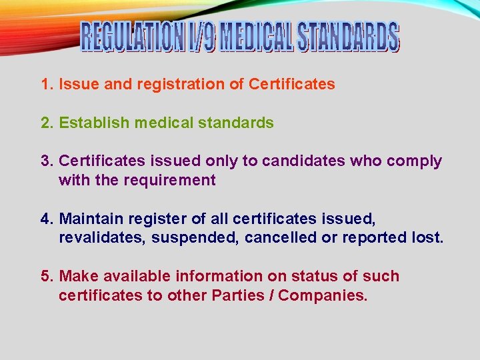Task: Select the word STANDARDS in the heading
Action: pos(349,37)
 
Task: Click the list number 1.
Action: pos(46,85)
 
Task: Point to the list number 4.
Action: pos(46,219)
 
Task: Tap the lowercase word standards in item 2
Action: pos(238,123)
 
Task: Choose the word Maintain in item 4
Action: pos(91,219)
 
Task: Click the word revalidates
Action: pos(101,237)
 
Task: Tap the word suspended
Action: pos(195,237)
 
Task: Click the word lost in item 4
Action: pos(427,237)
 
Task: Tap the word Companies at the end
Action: pos(323,295)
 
